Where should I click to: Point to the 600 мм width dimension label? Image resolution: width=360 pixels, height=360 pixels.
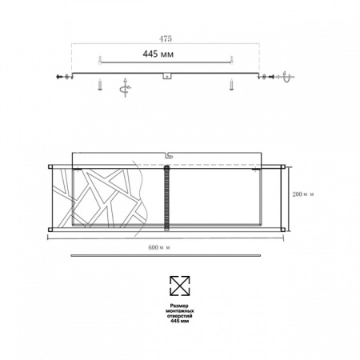[166, 245]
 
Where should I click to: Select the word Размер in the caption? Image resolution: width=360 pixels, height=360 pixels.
[180, 306]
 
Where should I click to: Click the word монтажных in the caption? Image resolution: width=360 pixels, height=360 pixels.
[180, 311]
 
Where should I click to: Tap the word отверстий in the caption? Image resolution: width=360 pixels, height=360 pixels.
[180, 317]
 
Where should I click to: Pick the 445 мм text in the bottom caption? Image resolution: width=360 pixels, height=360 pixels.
[180, 322]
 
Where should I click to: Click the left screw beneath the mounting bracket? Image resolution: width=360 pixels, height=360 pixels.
[100, 84]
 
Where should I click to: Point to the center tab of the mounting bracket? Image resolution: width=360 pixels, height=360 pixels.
[166, 77]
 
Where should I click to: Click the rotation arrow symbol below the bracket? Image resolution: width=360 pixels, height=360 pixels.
[124, 87]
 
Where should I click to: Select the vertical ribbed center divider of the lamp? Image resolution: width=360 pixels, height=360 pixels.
[166, 197]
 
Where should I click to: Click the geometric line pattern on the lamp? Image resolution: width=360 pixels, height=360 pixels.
[104, 197]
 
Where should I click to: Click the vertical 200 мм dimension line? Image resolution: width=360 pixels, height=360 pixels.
[290, 197]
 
